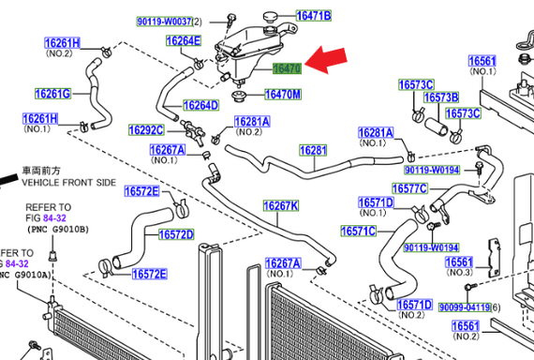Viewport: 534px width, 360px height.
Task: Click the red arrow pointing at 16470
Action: click(x=326, y=60)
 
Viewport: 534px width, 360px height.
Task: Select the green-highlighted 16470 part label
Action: click(x=287, y=68)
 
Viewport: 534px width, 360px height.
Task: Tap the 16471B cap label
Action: click(x=314, y=16)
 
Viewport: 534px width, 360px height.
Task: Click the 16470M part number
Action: click(x=283, y=95)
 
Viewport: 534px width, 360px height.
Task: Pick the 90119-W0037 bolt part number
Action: click(x=165, y=22)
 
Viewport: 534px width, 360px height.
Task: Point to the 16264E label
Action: click(x=184, y=40)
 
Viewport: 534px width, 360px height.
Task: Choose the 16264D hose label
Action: click(x=200, y=105)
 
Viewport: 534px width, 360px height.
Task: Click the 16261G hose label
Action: click(x=53, y=94)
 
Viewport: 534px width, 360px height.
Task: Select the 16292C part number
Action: click(x=146, y=130)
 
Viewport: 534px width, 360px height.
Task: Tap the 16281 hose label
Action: click(x=313, y=150)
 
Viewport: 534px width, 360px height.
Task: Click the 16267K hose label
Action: click(x=281, y=206)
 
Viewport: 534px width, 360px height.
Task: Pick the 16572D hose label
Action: click(x=176, y=234)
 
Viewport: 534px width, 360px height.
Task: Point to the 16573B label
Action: click(x=441, y=97)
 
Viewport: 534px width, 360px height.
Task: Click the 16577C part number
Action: click(x=409, y=188)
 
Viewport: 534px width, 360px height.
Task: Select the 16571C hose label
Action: click(x=359, y=232)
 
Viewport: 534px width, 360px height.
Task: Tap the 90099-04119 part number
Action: click(x=465, y=307)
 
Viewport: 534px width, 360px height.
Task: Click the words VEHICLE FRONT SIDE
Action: click(x=68, y=183)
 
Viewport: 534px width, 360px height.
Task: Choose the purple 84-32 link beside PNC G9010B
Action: click(x=54, y=217)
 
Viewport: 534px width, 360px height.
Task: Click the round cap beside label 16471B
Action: click(x=271, y=16)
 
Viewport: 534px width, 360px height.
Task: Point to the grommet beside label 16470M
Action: click(x=238, y=96)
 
